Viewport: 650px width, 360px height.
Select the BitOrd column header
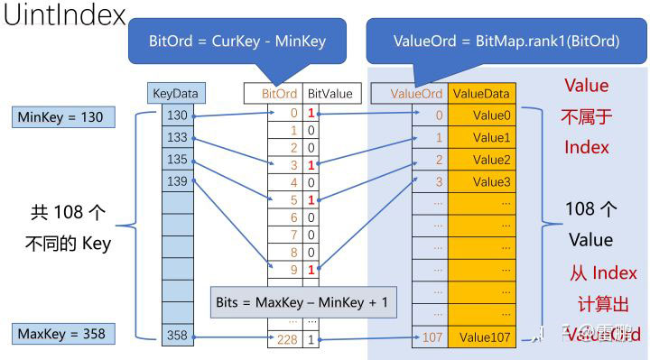[279, 93]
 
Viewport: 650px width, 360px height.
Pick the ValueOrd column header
[416, 93]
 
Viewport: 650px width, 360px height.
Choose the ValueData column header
[480, 93]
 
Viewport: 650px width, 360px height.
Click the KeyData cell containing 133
[177, 137]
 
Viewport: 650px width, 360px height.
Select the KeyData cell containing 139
[177, 181]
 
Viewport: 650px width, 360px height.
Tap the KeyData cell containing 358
[177, 337]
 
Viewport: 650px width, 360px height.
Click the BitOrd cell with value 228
[285, 338]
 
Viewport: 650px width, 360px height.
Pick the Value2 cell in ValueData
[491, 160]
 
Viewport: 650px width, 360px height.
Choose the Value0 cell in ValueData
[491, 115]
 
